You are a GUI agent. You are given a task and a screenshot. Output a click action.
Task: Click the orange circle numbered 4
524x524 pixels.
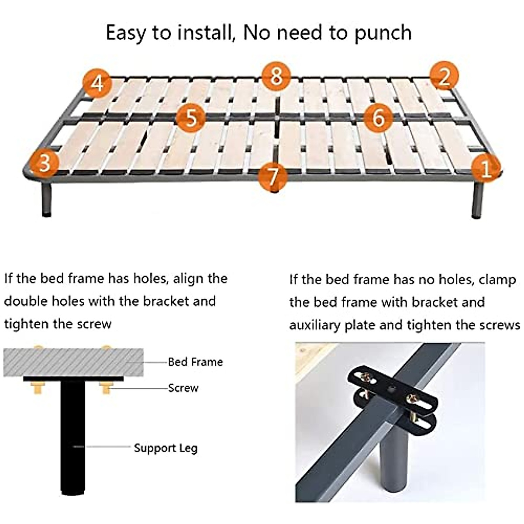(98, 83)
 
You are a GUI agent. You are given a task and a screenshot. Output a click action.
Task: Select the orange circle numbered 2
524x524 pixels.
(444, 76)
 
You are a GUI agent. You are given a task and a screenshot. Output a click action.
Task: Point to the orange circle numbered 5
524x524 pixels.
(191, 117)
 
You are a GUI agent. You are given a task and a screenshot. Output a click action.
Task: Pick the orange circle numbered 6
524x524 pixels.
(378, 117)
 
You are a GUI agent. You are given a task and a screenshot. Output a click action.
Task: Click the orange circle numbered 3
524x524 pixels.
(44, 162)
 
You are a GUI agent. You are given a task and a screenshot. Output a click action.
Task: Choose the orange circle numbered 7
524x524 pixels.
(272, 176)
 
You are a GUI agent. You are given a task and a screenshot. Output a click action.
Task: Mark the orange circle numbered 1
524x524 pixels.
(486, 167)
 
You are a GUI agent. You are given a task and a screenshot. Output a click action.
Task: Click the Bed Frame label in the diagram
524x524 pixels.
(195, 362)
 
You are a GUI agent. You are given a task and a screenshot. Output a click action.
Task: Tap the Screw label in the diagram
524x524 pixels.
(183, 388)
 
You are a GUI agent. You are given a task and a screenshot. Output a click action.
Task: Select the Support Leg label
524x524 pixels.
(165, 448)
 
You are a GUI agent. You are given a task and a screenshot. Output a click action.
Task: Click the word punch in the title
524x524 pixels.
(383, 33)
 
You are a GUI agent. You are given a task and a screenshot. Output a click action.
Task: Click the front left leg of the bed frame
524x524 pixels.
(46, 199)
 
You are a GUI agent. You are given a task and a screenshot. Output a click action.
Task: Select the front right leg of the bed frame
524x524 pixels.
(477, 200)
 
